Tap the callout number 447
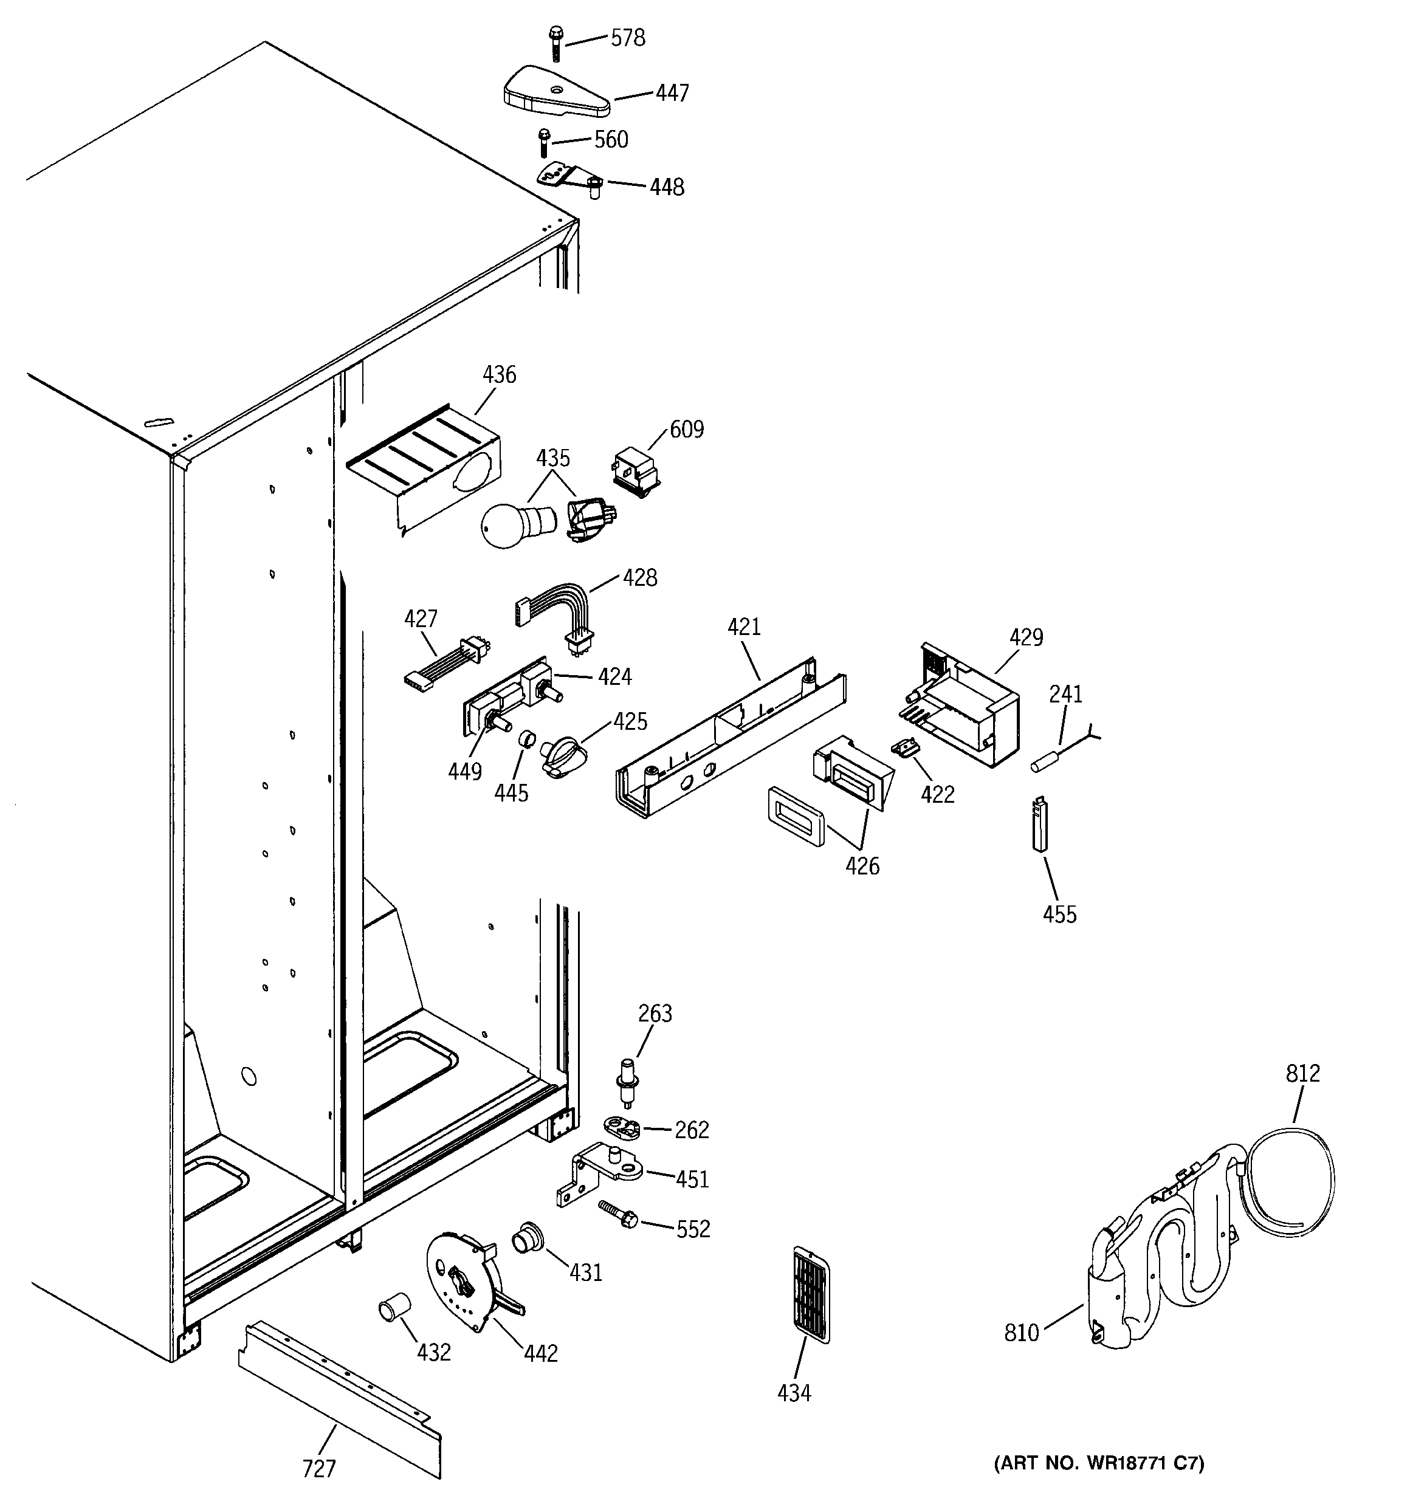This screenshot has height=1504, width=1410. click(x=672, y=93)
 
